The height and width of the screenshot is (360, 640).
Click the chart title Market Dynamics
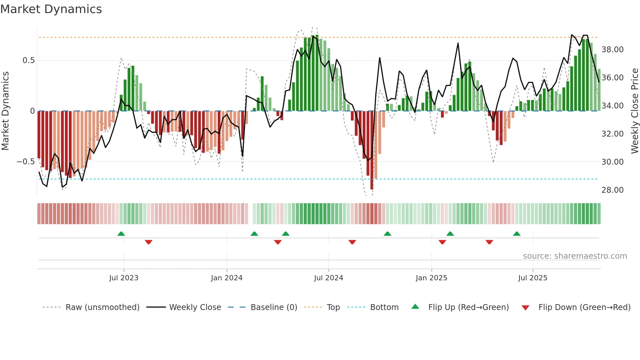(x=51, y=9)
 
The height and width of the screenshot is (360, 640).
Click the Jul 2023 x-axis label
(x=124, y=278)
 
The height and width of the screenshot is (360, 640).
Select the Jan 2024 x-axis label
(x=227, y=278)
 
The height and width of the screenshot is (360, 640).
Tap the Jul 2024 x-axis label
(x=328, y=278)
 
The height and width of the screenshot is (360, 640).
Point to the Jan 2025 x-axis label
(x=431, y=278)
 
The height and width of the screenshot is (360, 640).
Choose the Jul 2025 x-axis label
(x=533, y=278)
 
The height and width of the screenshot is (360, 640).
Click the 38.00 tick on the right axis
(x=612, y=50)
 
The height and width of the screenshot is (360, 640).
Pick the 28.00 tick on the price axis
(x=612, y=190)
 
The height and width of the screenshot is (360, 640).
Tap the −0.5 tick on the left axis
(x=25, y=162)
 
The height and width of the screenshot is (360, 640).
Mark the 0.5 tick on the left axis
(x=28, y=60)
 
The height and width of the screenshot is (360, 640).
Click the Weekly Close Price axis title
(x=634, y=111)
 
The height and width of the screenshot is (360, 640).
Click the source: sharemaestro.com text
(x=575, y=256)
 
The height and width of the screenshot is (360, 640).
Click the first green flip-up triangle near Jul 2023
(x=121, y=234)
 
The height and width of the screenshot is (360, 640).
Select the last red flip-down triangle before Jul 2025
(x=489, y=242)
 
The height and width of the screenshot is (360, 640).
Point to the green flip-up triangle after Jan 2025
(x=450, y=234)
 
